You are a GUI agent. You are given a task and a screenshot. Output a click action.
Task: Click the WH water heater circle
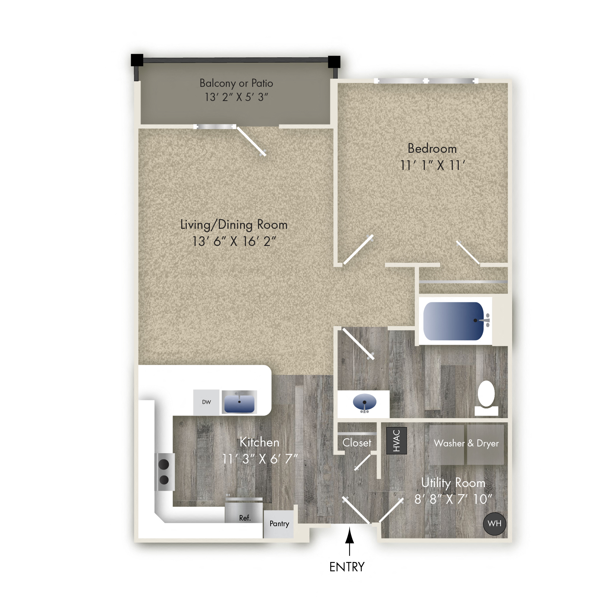tap(494, 524)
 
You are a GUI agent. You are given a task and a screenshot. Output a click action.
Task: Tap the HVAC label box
tap(396, 440)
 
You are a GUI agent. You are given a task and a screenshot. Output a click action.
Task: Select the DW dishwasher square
tap(206, 402)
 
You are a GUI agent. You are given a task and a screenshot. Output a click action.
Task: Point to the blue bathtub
tap(453, 321)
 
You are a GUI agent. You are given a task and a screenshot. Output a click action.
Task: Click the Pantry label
tap(279, 524)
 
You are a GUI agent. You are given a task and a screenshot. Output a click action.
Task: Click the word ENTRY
tap(347, 567)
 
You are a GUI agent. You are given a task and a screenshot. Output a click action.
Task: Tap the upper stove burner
tap(164, 464)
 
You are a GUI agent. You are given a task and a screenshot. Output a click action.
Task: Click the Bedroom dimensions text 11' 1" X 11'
tap(432, 165)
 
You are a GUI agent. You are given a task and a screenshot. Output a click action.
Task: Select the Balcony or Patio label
tap(236, 83)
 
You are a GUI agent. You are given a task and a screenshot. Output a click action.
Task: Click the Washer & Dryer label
tap(466, 443)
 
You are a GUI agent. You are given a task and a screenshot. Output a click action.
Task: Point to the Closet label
tap(357, 443)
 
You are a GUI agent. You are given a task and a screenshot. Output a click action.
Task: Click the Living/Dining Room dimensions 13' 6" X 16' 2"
tap(234, 241)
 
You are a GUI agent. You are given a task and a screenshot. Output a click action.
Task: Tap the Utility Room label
tap(453, 483)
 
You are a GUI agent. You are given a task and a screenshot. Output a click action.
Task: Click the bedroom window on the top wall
tap(426, 81)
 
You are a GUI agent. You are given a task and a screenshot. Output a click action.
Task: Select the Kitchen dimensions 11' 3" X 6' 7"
tap(260, 459)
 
